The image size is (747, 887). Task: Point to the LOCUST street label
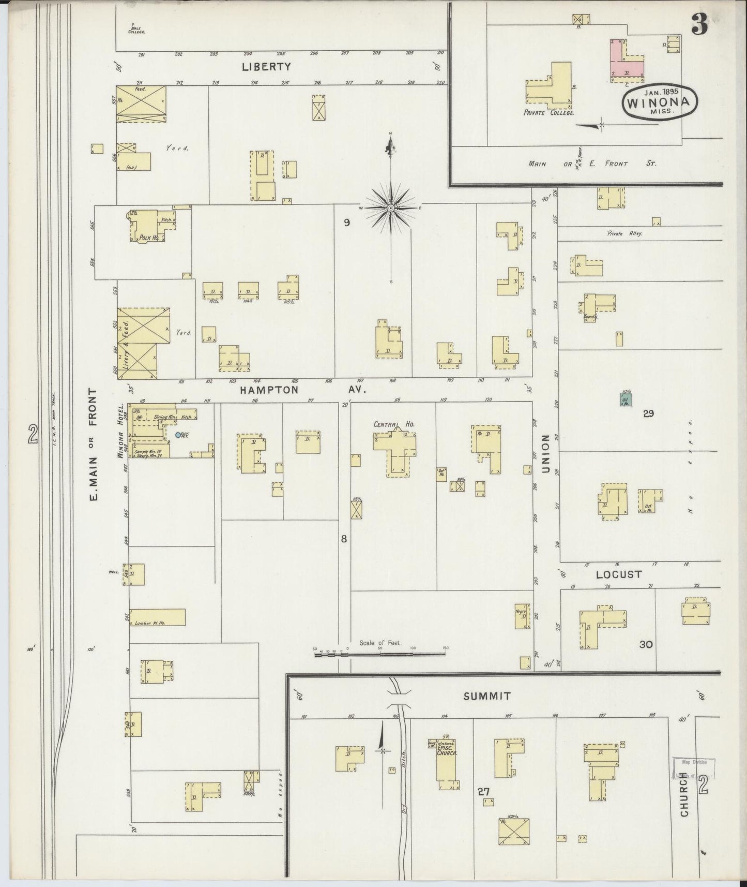pyautogui.click(x=619, y=574)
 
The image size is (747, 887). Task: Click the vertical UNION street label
pyautogui.click(x=545, y=454)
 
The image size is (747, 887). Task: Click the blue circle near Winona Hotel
pyautogui.click(x=178, y=436)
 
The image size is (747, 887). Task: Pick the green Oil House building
pyautogui.click(x=625, y=400)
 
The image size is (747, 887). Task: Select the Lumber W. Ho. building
pyautogui.click(x=157, y=617)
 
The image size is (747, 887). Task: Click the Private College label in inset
pyautogui.click(x=549, y=112)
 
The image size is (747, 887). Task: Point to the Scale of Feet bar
pyautogui.click(x=380, y=654)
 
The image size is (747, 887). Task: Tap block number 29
pyautogui.click(x=648, y=413)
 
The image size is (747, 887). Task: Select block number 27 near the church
pyautogui.click(x=483, y=791)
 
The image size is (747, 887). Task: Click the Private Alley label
pyautogui.click(x=624, y=234)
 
